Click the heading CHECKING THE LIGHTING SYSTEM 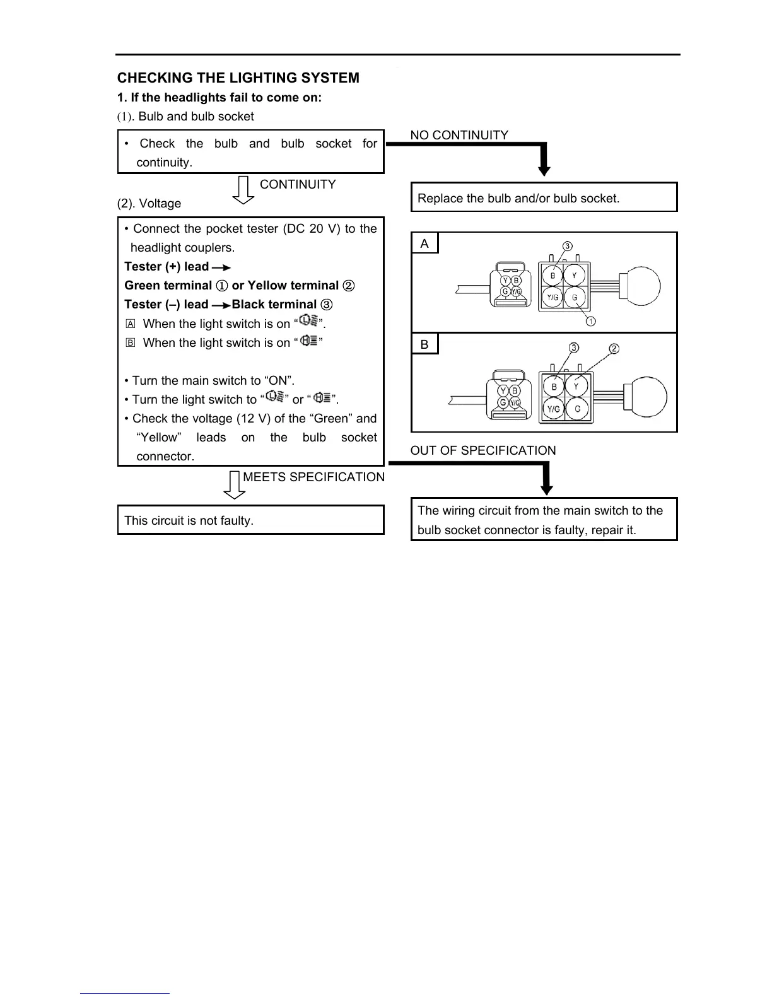pyautogui.click(x=238, y=78)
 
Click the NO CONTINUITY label pyautogui.click(x=459, y=136)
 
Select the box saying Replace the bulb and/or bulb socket pyautogui.click(x=544, y=197)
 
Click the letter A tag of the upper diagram pyautogui.click(x=424, y=244)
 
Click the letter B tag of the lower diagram pyautogui.click(x=424, y=344)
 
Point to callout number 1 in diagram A pyautogui.click(x=591, y=322)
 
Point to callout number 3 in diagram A pyautogui.click(x=568, y=246)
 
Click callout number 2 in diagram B pyautogui.click(x=614, y=349)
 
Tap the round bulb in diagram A pyautogui.click(x=640, y=286)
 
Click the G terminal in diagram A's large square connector pyautogui.click(x=574, y=297)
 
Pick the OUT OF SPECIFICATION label pyautogui.click(x=482, y=451)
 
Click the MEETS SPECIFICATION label pyautogui.click(x=313, y=477)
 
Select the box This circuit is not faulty pyautogui.click(x=250, y=520)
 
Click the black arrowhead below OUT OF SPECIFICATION pyautogui.click(x=547, y=489)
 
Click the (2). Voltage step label pyautogui.click(x=149, y=204)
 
